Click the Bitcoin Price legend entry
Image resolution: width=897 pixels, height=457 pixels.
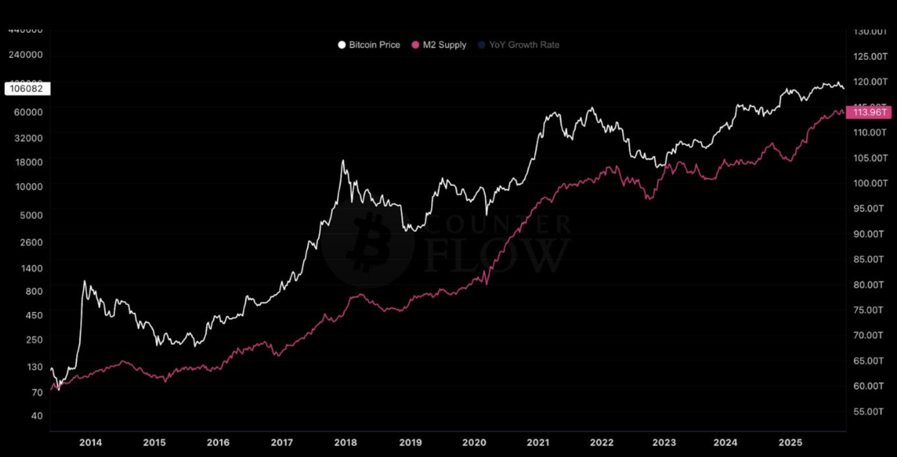click(x=369, y=45)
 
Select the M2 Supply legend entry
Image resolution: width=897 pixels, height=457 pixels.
click(x=439, y=45)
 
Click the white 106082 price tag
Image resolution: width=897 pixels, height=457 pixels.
click(x=27, y=89)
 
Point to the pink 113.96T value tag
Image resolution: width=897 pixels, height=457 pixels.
click(x=869, y=112)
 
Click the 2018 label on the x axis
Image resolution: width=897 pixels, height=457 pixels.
click(x=346, y=442)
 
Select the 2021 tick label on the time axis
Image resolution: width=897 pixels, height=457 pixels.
click(x=538, y=442)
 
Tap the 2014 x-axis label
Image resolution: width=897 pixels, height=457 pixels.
click(x=91, y=442)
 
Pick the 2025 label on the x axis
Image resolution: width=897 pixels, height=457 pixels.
click(x=790, y=442)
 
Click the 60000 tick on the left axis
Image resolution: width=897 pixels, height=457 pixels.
click(x=28, y=112)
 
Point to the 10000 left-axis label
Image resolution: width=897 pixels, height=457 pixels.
click(x=29, y=187)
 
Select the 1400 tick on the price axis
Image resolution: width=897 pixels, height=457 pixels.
click(x=31, y=268)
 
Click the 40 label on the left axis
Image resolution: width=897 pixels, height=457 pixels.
click(x=37, y=416)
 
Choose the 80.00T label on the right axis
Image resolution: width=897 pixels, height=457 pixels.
click(x=869, y=285)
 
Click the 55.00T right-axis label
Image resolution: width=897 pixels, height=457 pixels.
click(x=869, y=411)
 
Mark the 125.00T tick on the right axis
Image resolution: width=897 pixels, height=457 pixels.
click(x=870, y=57)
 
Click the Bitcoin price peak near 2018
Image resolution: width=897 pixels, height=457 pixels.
click(x=343, y=161)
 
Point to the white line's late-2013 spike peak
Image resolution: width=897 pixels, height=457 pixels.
click(x=85, y=281)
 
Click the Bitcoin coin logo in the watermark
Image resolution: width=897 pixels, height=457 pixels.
click(x=368, y=243)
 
